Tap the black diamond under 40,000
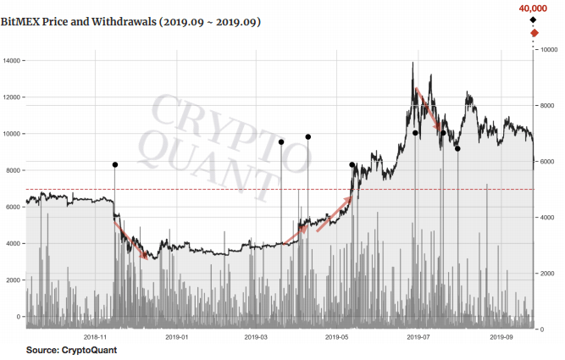coord(533,19)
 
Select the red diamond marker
coord(534,33)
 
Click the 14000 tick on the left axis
coord(12,61)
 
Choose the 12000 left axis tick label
coord(12,97)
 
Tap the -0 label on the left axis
coord(16,317)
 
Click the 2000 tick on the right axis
coord(547,274)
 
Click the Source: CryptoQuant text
coord(71,350)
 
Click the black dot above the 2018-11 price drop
coord(114,165)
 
